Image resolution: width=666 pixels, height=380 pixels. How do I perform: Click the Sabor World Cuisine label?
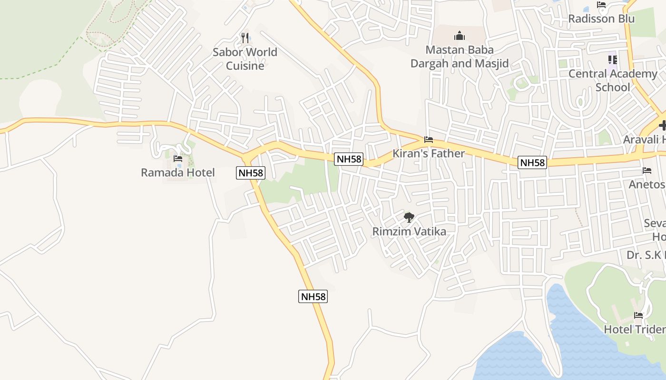[x=245, y=59]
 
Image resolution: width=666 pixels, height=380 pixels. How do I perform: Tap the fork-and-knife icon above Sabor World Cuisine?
[x=245, y=38]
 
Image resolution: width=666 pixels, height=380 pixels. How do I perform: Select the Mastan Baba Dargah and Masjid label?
[x=460, y=57]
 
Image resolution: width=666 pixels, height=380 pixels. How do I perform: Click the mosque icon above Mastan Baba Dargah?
[x=460, y=36]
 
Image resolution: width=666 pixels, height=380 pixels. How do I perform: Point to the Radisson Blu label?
[x=601, y=19]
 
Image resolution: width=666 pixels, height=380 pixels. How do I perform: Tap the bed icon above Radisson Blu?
[x=601, y=5]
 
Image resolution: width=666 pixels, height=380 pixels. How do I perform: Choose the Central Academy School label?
[x=613, y=80]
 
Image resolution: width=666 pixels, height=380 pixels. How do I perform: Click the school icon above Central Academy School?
[x=613, y=60]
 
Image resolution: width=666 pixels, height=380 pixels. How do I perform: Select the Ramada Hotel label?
[x=178, y=172]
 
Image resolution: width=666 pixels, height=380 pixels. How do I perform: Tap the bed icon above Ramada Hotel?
[x=178, y=159]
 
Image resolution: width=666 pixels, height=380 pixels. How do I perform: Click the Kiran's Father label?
[x=429, y=153]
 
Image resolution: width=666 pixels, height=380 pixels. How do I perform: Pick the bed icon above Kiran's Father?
[x=429, y=140]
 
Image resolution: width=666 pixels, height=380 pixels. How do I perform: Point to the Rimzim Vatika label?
[x=409, y=232]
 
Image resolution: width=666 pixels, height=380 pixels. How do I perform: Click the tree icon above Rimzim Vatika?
[x=409, y=218]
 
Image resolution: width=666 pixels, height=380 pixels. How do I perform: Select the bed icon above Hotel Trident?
[x=638, y=315]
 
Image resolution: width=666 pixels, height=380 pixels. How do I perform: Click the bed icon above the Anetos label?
[x=647, y=170]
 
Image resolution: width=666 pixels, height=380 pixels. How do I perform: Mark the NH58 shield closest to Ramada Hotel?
[x=251, y=173]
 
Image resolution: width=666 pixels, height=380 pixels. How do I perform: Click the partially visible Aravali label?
[x=645, y=140]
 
